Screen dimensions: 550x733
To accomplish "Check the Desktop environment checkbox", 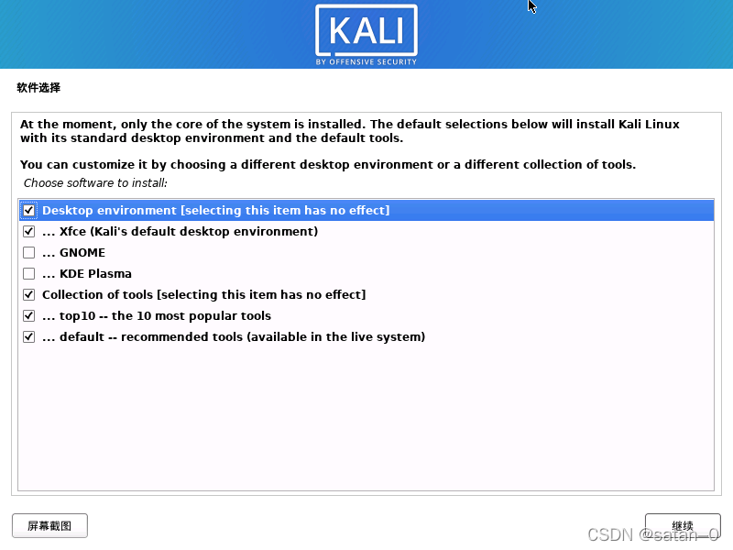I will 29,211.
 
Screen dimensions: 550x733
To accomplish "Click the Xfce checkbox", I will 29,232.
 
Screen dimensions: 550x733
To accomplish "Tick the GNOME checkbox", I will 29,253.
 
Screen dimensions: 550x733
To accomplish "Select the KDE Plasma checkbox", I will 29,274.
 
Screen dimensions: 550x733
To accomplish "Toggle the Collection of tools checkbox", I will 29,295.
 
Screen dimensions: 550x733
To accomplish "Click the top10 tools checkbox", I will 29,316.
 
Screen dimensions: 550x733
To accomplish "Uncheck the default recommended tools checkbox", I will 29,337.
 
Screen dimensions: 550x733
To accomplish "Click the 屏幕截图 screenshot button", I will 49,526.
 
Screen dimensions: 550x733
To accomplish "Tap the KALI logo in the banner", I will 366,30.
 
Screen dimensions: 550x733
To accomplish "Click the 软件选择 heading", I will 38,88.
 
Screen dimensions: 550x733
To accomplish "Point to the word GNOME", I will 82,253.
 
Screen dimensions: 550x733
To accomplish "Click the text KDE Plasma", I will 95,274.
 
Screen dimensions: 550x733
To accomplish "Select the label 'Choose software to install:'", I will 95,183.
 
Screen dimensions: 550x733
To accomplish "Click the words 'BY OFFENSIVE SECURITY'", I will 366,62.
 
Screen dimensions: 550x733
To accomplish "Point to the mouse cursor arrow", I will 531,5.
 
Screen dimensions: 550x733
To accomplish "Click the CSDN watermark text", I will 652,534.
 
